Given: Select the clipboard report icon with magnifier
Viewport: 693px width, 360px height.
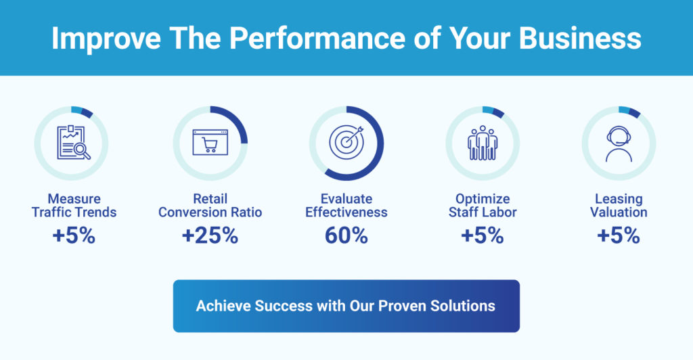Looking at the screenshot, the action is pyautogui.click(x=74, y=143).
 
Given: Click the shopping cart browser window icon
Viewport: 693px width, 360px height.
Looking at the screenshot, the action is pyautogui.click(x=210, y=142).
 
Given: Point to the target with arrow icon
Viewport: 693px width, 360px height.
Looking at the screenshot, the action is pyautogui.click(x=346, y=142).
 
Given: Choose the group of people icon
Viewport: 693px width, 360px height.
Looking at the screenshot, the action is pyautogui.click(x=483, y=143).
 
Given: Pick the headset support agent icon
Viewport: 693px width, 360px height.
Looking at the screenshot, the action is pyautogui.click(x=619, y=144).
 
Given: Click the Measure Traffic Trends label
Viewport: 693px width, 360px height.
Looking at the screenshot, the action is pyautogui.click(x=74, y=206).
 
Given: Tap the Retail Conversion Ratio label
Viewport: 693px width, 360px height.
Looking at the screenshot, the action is pyautogui.click(x=210, y=206).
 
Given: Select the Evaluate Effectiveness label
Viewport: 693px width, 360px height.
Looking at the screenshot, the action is pyautogui.click(x=346, y=206).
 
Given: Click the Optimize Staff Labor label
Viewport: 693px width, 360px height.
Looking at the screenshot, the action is pyautogui.click(x=483, y=206).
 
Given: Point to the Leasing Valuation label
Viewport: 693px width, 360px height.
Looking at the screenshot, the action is pyautogui.click(x=619, y=206).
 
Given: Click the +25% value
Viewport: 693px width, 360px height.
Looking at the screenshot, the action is pyautogui.click(x=210, y=235).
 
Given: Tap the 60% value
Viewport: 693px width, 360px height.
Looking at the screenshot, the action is pyautogui.click(x=346, y=235).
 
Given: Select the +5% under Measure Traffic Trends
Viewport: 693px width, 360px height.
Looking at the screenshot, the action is pyautogui.click(x=74, y=235).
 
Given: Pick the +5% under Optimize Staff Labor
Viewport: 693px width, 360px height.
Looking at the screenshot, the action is pyautogui.click(x=483, y=235).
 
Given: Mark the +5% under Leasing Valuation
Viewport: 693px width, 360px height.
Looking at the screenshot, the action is pyautogui.click(x=619, y=235).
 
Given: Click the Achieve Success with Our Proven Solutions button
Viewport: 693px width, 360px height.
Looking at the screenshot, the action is pyautogui.click(x=346, y=306).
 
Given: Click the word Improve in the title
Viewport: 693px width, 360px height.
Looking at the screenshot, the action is pyautogui.click(x=106, y=39).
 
